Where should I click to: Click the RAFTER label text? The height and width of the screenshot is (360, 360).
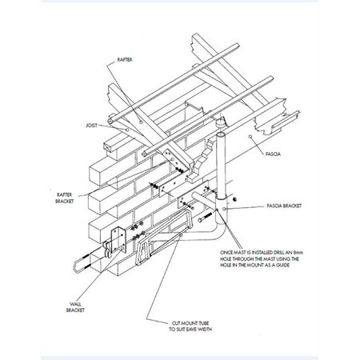(125, 60)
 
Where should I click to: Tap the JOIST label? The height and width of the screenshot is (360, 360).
(91, 126)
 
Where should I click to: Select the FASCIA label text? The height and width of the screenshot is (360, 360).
(273, 154)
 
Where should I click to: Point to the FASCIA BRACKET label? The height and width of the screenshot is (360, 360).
(284, 206)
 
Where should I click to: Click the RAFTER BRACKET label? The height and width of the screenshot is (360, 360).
(65, 198)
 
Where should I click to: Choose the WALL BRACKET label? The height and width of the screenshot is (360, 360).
(75, 307)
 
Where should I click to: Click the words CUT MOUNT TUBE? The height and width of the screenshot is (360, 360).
(190, 323)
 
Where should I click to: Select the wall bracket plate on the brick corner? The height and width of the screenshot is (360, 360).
(118, 239)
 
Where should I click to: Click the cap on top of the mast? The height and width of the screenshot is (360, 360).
(221, 123)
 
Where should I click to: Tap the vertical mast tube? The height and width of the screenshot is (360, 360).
(221, 166)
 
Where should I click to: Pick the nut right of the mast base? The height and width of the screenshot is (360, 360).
(234, 199)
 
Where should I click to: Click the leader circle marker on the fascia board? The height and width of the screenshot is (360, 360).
(250, 137)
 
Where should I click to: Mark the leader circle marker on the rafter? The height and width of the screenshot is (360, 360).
(141, 122)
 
